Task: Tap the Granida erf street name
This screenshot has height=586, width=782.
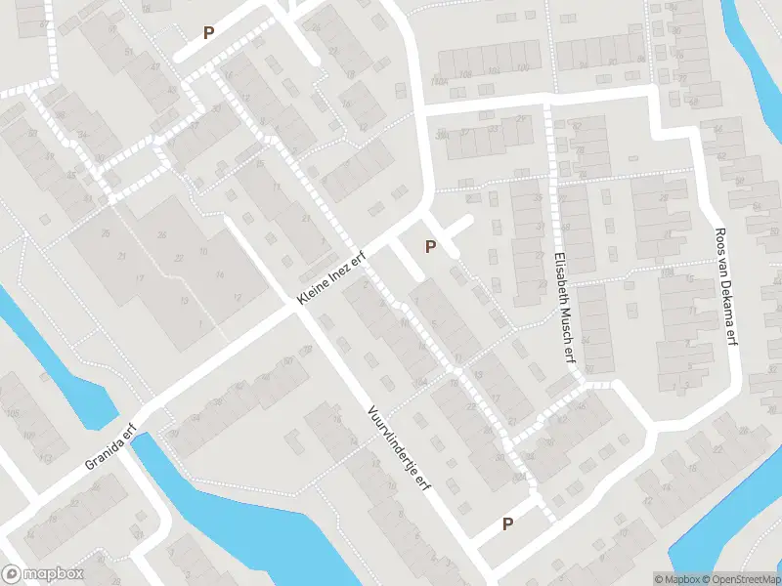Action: [x=109, y=446]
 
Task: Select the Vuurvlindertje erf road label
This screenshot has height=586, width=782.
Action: [x=400, y=448]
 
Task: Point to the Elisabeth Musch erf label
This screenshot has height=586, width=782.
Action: [x=561, y=304]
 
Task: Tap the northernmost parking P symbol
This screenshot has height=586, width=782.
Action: [x=208, y=33]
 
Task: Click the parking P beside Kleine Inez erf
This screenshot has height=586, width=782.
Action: [x=429, y=247]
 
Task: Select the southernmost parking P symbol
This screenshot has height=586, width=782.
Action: [x=507, y=524]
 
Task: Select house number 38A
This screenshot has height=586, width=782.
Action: [x=442, y=134]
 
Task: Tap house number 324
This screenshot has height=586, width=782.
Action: [x=420, y=381]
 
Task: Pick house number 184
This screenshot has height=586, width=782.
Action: [x=519, y=477]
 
